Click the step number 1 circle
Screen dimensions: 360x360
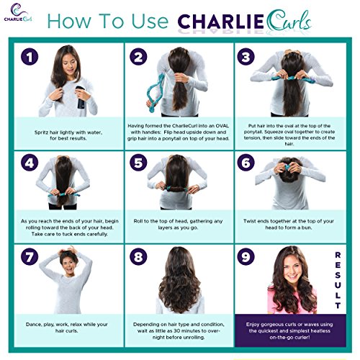[30, 57]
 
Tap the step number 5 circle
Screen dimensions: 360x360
[138, 163]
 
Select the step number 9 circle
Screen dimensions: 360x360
[246, 256]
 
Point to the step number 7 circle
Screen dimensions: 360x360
[30, 256]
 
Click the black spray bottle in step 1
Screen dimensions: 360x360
[81, 98]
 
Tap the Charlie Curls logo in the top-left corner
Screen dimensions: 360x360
[18, 12]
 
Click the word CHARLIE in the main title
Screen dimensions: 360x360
[220, 22]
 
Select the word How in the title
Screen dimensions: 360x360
[69, 21]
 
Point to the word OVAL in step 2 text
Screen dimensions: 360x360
[222, 125]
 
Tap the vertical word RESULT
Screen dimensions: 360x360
[338, 280]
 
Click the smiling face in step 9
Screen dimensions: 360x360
[292, 270]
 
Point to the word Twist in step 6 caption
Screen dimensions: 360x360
[250, 221]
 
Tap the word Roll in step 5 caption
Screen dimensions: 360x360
[138, 221]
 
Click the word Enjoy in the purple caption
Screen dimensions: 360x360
[253, 325]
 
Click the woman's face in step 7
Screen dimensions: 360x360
[68, 266]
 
